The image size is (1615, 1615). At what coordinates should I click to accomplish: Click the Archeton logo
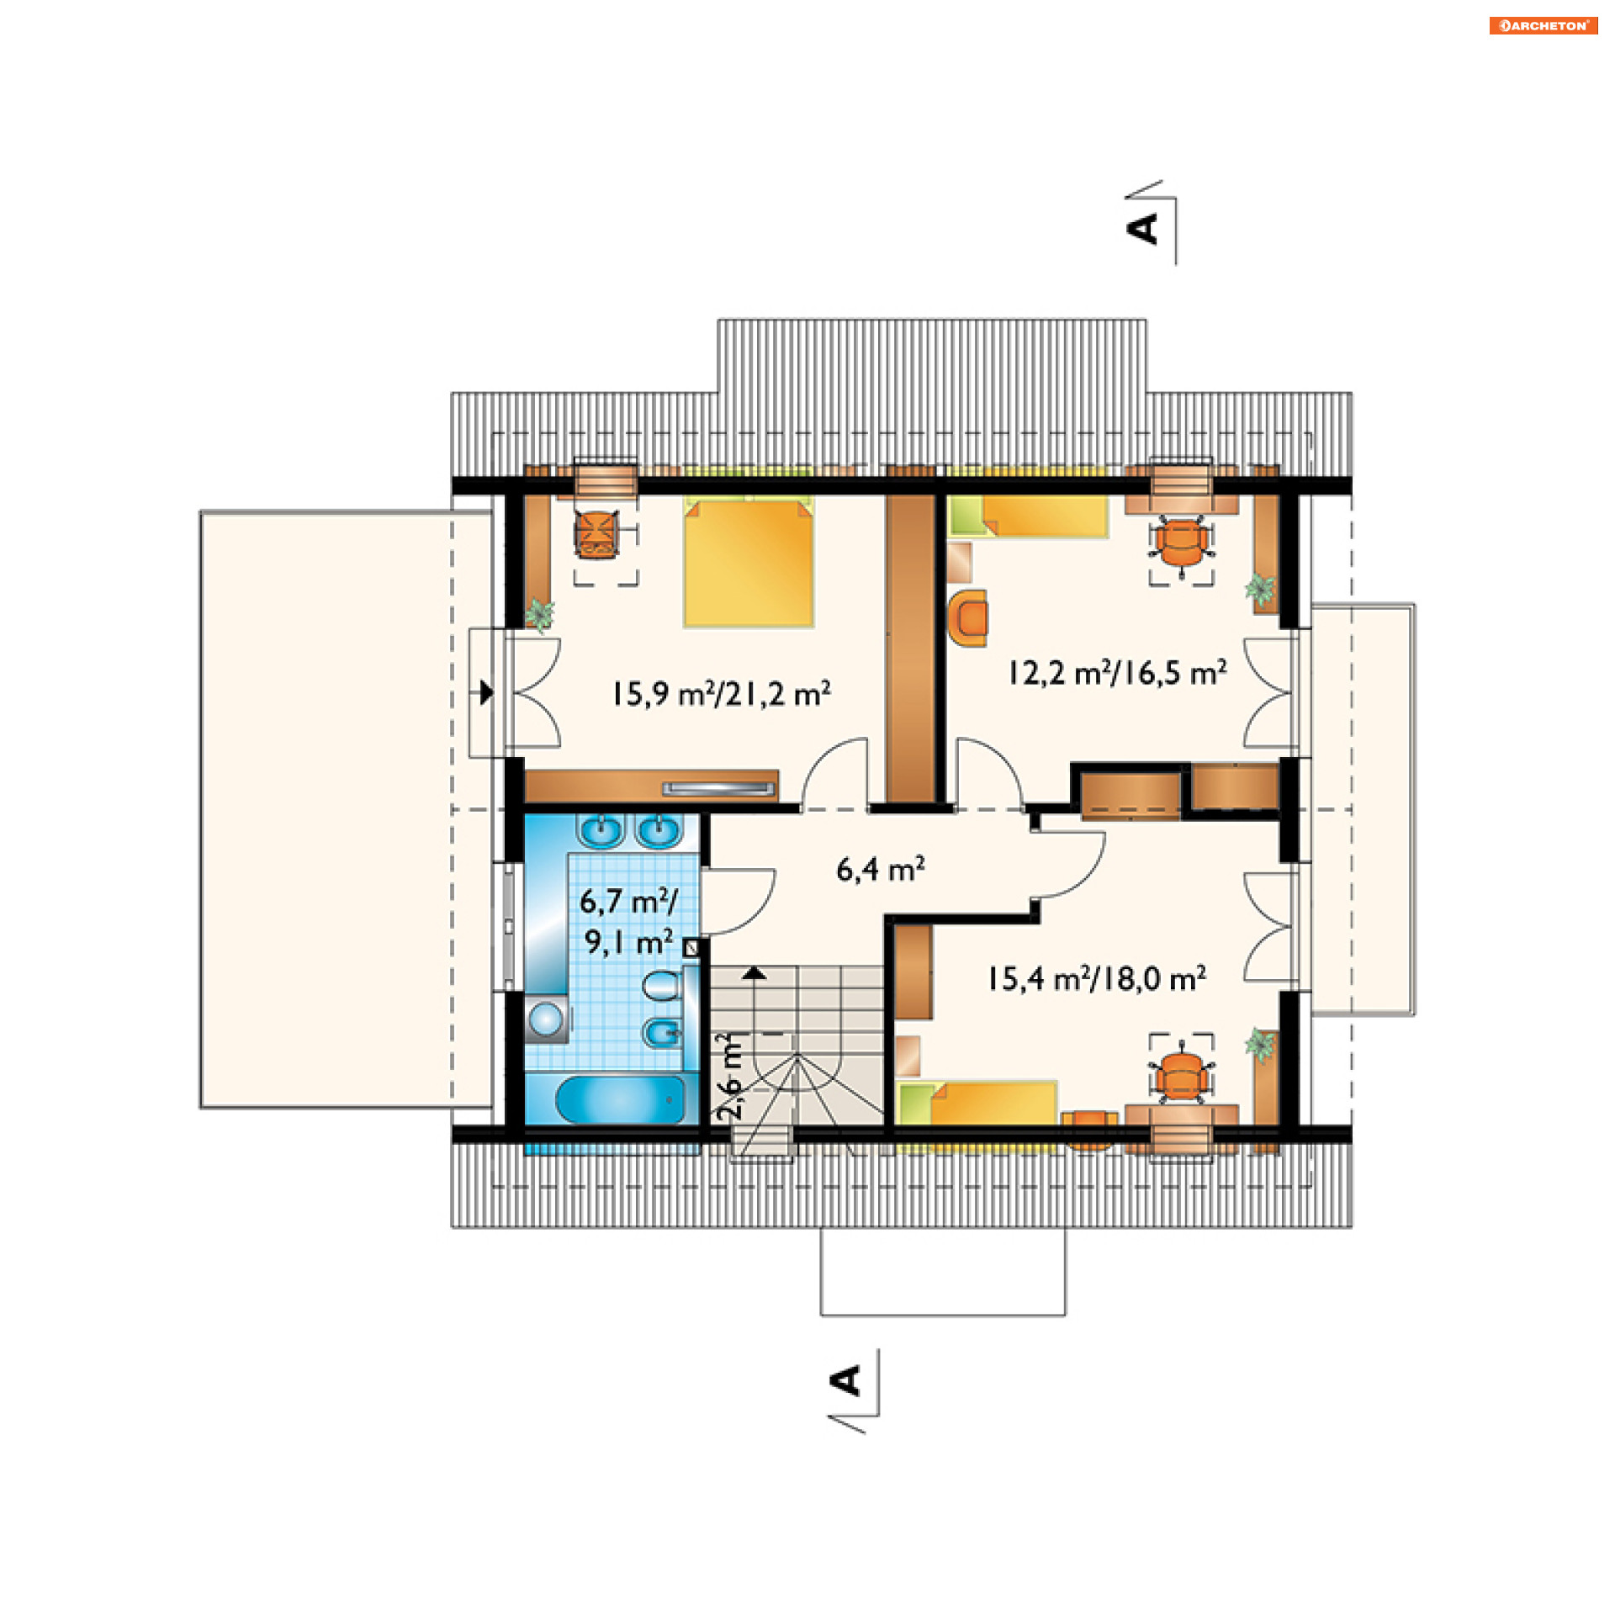(x=1544, y=26)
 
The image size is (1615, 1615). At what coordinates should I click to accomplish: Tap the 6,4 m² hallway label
(x=881, y=869)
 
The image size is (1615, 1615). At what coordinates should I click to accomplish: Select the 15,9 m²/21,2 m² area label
(x=721, y=694)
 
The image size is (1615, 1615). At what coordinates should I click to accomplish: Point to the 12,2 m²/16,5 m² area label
(x=1117, y=673)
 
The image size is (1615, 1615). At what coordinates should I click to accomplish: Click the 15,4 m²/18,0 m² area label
(x=1097, y=979)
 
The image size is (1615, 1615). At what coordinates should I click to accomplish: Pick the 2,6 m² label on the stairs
(x=730, y=1076)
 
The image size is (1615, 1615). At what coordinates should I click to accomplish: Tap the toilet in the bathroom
(x=664, y=986)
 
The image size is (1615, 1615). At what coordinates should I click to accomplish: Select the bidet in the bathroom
(x=663, y=1032)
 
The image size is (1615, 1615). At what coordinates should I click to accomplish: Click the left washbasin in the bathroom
(x=600, y=831)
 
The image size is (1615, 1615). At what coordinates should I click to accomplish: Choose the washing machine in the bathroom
(x=546, y=1019)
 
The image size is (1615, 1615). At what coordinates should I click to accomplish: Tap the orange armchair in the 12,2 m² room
(x=967, y=618)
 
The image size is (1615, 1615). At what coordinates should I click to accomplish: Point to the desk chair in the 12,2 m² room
(x=1182, y=545)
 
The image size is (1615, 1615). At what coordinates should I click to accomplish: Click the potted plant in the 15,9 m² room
(x=539, y=614)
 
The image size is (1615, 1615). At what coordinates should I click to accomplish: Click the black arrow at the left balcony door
(x=487, y=693)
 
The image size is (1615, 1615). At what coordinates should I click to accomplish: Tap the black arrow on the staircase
(x=755, y=973)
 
